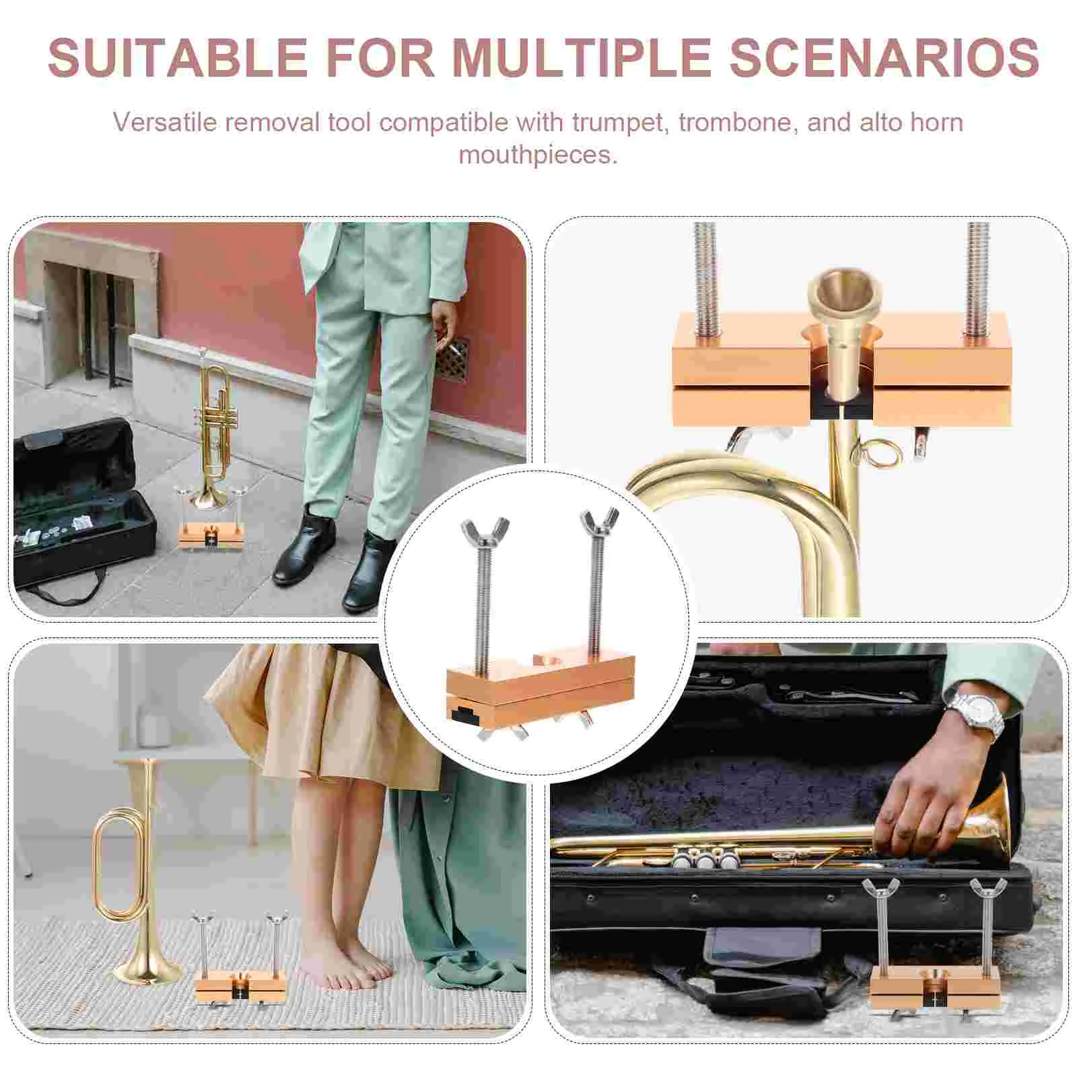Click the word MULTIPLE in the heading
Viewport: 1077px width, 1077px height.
[x=582, y=57]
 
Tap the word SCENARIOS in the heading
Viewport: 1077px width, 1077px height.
[x=884, y=57]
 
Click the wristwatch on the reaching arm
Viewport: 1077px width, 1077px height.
[x=975, y=715]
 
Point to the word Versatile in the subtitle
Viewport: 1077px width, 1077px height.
[x=158, y=123]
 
